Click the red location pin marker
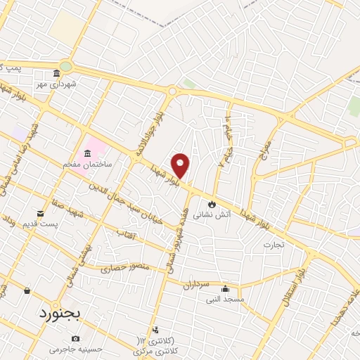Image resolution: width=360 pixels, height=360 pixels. click(x=181, y=165)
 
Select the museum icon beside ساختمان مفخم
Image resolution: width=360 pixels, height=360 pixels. click(x=87, y=154)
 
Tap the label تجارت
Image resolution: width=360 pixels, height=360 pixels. click(x=273, y=245)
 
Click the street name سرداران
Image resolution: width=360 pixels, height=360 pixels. click(x=196, y=285)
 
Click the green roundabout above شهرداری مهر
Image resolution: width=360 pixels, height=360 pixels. click(x=65, y=67)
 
